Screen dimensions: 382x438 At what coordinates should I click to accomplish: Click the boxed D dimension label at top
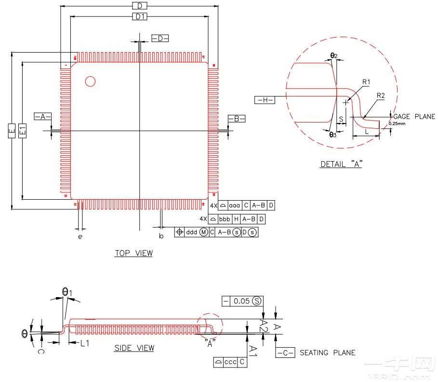click(x=139, y=6)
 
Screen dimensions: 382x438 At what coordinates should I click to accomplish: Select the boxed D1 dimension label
click(x=139, y=17)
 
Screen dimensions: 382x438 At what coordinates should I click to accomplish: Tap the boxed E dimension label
click(x=12, y=131)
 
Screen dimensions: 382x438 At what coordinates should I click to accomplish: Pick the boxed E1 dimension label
click(x=22, y=131)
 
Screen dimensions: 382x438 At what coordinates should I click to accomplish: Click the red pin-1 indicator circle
click(x=90, y=82)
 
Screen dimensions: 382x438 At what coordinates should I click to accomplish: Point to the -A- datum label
click(x=42, y=116)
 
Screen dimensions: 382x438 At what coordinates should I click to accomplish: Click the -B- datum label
click(x=236, y=119)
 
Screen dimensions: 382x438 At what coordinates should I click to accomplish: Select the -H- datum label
click(x=264, y=100)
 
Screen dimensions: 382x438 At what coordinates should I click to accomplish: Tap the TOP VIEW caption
click(x=133, y=253)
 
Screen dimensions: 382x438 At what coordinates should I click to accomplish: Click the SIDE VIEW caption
click(x=134, y=348)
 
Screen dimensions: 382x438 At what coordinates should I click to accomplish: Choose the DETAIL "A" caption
click(x=341, y=164)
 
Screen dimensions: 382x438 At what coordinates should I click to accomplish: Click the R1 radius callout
click(x=366, y=82)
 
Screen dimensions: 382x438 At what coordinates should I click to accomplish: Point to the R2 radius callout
click(x=381, y=95)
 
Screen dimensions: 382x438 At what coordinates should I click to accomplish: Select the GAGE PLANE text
click(x=414, y=117)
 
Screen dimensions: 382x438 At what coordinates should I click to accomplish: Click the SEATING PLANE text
click(x=327, y=353)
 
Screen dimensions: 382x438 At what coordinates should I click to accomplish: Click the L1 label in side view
click(x=85, y=343)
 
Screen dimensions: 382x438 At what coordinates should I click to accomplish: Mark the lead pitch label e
click(x=80, y=237)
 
